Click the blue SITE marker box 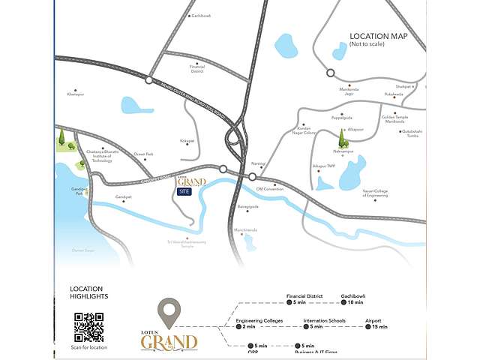[184, 192]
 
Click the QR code [88, 327]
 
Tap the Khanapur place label [76, 94]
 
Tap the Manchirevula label [245, 229]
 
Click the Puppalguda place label [342, 117]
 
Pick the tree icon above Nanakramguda [343, 138]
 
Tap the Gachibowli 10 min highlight [352, 298]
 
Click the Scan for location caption [88, 347]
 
